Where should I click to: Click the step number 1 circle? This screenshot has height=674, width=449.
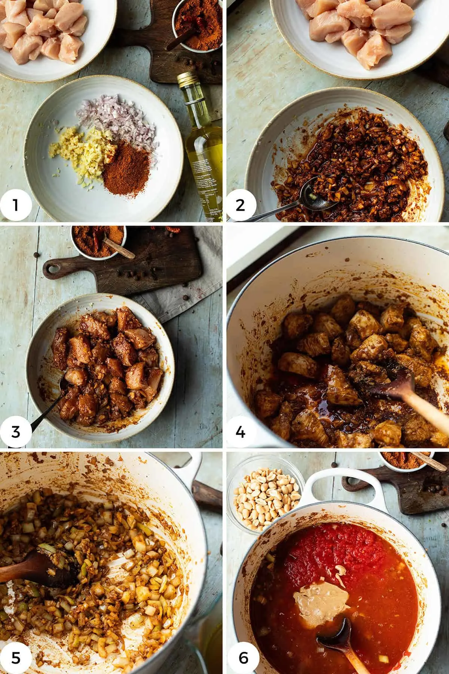point(15,205)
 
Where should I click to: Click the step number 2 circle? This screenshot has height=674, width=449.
point(241,205)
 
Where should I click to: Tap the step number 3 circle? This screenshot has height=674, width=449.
point(15,431)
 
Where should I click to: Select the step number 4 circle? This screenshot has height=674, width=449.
point(241,431)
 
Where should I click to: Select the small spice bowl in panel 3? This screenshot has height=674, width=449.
point(98,242)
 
